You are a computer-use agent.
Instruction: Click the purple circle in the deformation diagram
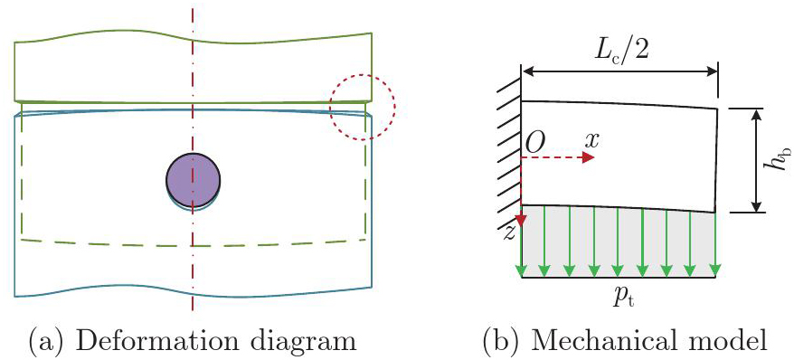tap(193, 181)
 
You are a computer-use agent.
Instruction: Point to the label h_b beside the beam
tap(779, 160)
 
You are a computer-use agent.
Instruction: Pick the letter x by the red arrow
tap(591, 142)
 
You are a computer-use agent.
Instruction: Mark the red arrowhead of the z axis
tap(521, 220)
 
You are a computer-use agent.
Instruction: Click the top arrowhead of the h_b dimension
tap(756, 115)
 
